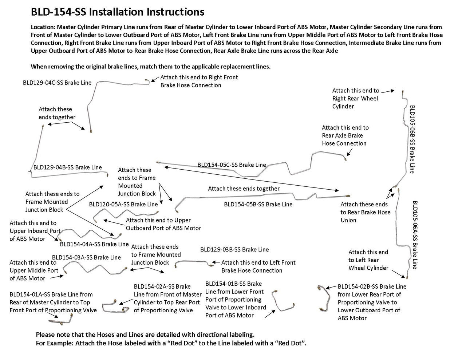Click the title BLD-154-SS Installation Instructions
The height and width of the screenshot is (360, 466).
(x=118, y=12)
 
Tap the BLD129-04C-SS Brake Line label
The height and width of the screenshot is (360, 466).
(x=57, y=83)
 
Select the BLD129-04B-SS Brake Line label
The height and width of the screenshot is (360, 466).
(x=68, y=167)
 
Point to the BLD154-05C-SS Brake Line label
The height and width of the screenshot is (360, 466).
(x=232, y=165)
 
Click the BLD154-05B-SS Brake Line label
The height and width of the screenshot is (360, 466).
(x=258, y=205)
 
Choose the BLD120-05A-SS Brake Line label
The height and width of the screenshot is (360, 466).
(x=123, y=205)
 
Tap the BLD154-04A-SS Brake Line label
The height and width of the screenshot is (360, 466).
(x=94, y=244)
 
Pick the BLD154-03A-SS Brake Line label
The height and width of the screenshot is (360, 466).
(x=86, y=257)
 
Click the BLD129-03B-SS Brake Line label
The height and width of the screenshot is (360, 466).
(x=234, y=250)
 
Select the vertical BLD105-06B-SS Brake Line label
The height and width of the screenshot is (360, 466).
(x=412, y=139)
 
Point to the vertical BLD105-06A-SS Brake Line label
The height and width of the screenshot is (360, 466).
(x=415, y=235)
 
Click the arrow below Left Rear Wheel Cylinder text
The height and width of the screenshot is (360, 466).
(x=399, y=273)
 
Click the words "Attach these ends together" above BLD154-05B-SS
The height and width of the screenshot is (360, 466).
(x=244, y=189)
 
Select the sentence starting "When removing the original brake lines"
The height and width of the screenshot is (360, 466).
(x=150, y=67)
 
